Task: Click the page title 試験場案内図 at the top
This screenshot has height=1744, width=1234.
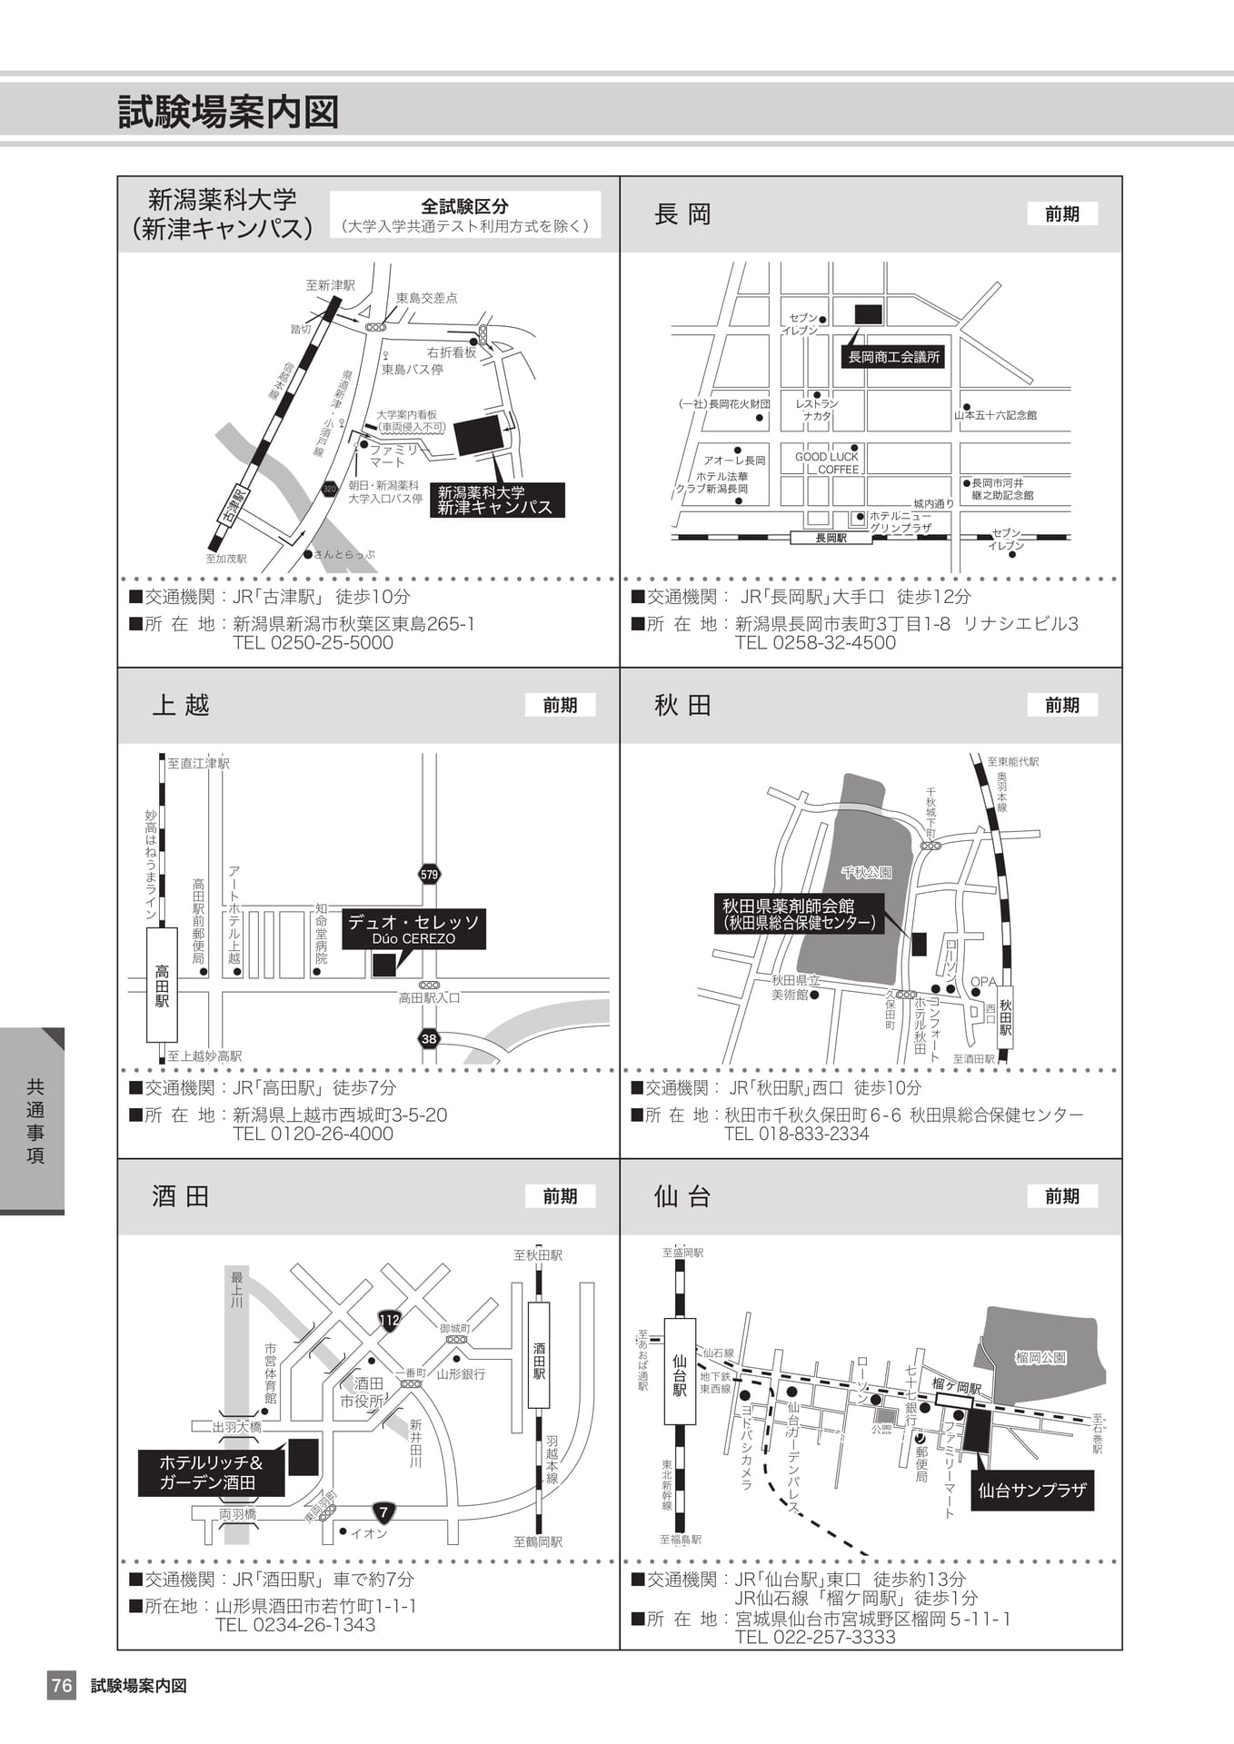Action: click(228, 113)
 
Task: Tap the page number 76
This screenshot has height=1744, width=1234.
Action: click(62, 1686)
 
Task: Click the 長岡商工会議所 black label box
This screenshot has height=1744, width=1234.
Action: click(894, 357)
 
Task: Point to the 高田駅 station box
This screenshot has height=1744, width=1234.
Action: click(162, 985)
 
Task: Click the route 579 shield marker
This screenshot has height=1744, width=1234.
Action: click(429, 875)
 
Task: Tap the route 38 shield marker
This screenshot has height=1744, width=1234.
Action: click(429, 1039)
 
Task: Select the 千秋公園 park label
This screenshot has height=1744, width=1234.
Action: click(865, 872)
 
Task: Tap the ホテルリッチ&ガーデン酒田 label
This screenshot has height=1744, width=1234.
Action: click(211, 1473)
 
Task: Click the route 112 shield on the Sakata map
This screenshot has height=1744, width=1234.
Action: click(389, 1320)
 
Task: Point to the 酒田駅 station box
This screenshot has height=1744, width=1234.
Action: click(539, 1354)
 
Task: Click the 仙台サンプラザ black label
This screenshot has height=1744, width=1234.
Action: click(1032, 1491)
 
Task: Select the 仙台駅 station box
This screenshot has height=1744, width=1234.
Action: click(680, 1375)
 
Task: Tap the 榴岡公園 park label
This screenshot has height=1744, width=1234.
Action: click(1040, 1358)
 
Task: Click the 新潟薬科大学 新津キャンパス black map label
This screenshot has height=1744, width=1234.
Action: click(495, 500)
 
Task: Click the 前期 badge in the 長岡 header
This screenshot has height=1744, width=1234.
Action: click(1062, 213)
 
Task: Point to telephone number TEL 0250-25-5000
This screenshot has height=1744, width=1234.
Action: click(313, 642)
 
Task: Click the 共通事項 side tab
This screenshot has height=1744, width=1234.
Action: click(35, 1121)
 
